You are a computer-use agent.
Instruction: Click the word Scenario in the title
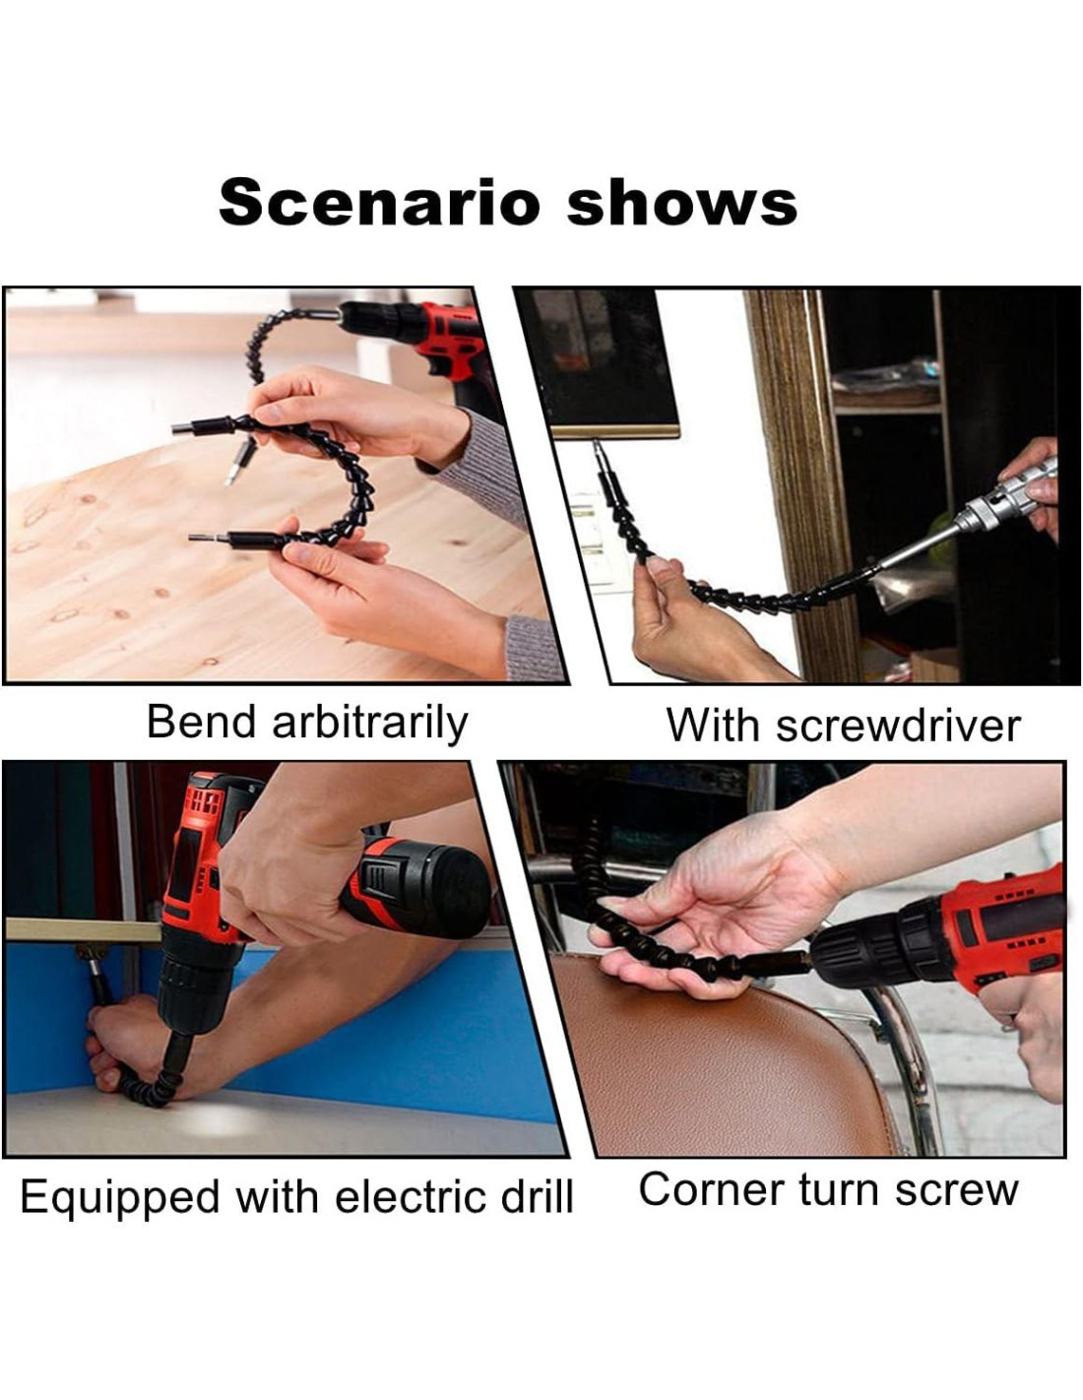pos(379,203)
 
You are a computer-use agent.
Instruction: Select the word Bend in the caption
pos(202,723)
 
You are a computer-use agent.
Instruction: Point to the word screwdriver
pos(898,726)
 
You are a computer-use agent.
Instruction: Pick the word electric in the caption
pos(410,1197)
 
